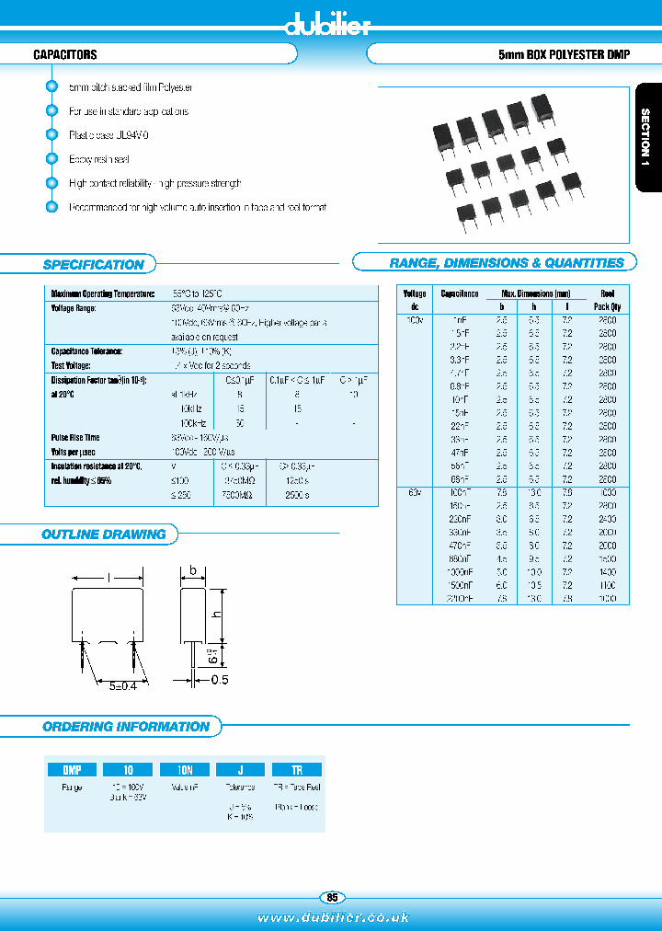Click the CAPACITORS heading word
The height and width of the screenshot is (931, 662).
(x=65, y=55)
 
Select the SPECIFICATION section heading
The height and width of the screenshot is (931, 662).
(x=94, y=265)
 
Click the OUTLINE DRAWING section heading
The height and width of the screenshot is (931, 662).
(x=104, y=534)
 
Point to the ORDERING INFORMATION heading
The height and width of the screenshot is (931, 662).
(x=126, y=727)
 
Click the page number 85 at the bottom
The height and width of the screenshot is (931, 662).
(x=332, y=897)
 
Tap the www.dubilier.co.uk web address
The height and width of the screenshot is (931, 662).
(x=333, y=917)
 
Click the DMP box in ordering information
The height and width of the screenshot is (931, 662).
(x=72, y=769)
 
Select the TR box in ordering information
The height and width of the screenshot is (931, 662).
(x=295, y=769)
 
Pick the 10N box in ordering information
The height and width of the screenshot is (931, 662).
(x=184, y=769)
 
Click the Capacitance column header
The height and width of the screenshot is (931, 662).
(x=460, y=293)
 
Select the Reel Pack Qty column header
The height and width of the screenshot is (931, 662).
(x=607, y=300)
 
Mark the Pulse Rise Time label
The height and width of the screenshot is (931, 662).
(x=75, y=438)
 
